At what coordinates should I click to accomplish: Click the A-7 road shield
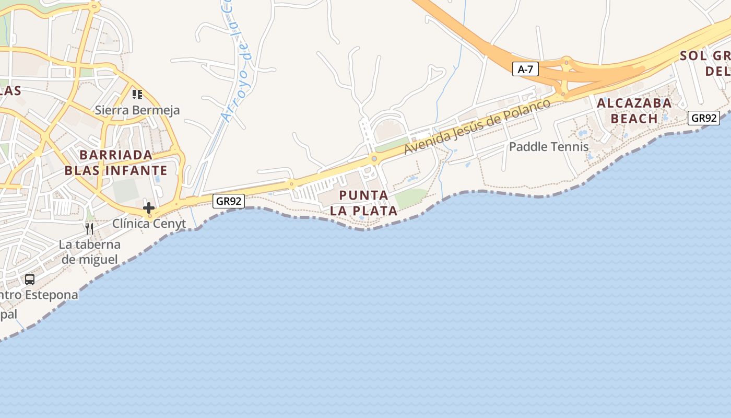click(525, 69)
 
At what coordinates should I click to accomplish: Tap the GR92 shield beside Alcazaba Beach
click(703, 118)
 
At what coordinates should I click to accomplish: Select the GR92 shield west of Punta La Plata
click(229, 201)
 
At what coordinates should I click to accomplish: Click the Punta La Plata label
click(364, 203)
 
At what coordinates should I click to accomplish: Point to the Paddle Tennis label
click(549, 147)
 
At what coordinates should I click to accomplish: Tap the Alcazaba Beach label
click(634, 111)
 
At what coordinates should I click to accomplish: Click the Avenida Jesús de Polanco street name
click(477, 126)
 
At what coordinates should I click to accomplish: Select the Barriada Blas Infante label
click(115, 162)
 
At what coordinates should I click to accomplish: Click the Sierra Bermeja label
click(137, 110)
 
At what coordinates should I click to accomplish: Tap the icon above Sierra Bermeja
click(137, 95)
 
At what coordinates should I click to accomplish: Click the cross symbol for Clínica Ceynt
click(149, 207)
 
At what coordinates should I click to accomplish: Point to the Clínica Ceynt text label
click(149, 224)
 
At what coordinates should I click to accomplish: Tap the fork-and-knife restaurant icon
click(89, 228)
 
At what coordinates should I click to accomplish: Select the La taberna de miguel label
click(89, 252)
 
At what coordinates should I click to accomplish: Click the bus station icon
click(30, 280)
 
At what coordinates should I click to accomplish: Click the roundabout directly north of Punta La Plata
click(374, 158)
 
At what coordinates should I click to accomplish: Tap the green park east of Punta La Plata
click(411, 198)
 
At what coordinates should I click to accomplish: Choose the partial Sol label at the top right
click(705, 63)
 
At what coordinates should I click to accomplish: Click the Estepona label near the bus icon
click(39, 295)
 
